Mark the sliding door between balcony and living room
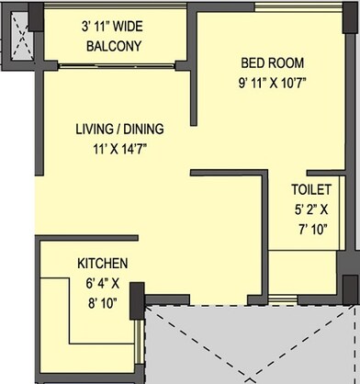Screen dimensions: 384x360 click(115, 65)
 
